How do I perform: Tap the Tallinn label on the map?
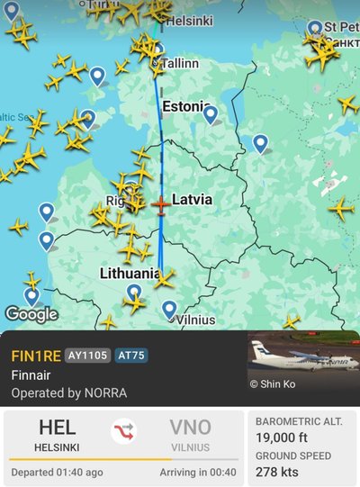179,64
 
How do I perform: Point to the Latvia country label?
192,199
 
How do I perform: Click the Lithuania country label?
130,272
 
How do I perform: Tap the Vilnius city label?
195,320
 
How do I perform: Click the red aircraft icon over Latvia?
160,205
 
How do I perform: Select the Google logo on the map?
31,314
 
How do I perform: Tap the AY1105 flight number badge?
87,355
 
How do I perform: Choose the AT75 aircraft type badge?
131,355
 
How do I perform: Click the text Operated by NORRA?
68,392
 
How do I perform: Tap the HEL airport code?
57,428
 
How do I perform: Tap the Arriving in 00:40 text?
198,472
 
